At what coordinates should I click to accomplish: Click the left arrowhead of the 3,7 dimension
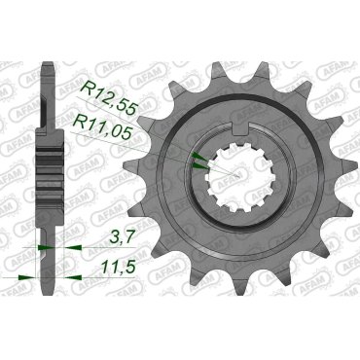coord(39,248)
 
